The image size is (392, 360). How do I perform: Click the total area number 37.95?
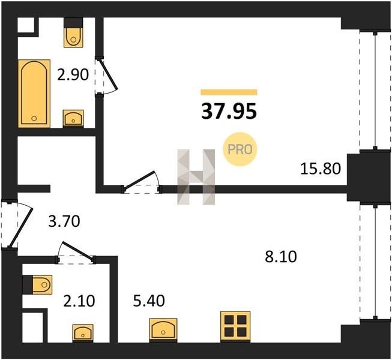tap(229, 112)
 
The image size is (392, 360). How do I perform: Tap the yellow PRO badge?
tap(240, 149)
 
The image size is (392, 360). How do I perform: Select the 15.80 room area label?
tap(320, 169)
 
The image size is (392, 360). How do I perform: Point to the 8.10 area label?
tap(281, 257)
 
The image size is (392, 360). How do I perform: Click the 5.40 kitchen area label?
tap(149, 301)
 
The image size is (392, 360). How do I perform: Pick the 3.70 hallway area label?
tap(64, 221)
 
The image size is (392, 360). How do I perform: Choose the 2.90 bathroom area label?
tap(73, 74)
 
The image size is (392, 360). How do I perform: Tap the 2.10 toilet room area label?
tap(79, 301)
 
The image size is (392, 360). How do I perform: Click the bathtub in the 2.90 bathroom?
tap(34, 94)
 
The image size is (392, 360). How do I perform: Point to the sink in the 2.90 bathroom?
tap(73, 119)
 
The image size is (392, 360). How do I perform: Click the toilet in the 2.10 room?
tap(37, 285)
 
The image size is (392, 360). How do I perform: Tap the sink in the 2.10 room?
tap(83, 333)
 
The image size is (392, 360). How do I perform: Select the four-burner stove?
tap(235, 326)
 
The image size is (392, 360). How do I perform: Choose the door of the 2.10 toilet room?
tap(76, 253)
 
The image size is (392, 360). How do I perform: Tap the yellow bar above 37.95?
tap(229, 92)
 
